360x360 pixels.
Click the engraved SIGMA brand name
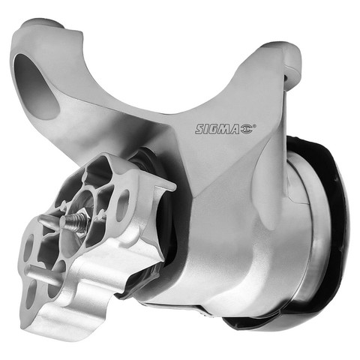click(217, 129)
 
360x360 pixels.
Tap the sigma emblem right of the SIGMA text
click(246, 129)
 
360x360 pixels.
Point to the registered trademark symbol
click(255, 125)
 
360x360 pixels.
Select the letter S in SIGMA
click(199, 129)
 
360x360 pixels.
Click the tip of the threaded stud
click(64, 220)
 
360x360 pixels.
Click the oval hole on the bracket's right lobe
click(123, 205)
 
